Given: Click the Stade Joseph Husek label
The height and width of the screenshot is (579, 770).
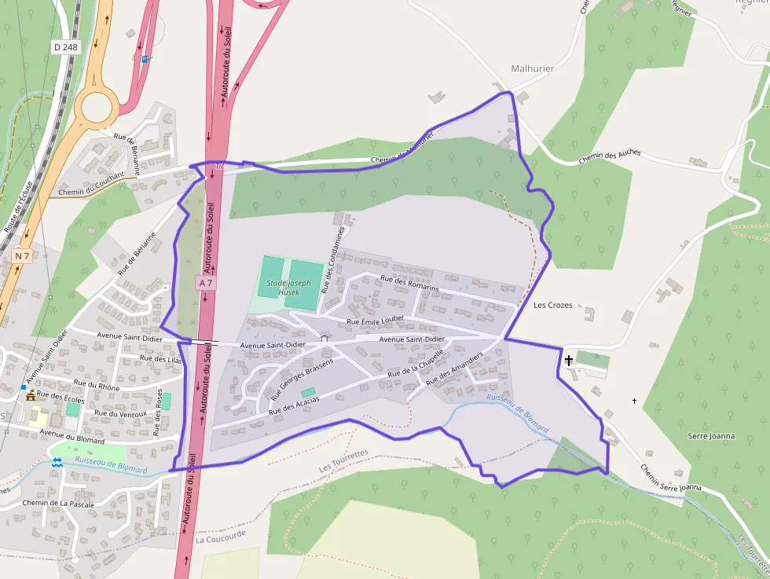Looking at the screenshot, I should coord(288,287).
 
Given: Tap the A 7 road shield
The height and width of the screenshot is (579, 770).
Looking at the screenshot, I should coord(206,282).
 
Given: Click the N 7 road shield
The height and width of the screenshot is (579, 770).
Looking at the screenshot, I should coord(22,256).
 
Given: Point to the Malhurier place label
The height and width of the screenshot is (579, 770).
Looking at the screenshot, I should coord(532,68).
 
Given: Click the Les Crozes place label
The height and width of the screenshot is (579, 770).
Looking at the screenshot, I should coord(552,305).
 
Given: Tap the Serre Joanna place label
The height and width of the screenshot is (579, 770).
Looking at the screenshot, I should coord(711,435).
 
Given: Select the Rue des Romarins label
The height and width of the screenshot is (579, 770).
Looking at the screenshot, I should coord(409,284).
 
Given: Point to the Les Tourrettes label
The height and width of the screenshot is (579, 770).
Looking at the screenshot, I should coord(343,461).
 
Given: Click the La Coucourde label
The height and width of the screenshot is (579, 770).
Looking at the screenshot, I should coord(221,540).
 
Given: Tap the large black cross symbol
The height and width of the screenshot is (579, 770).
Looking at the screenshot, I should coord(569,360).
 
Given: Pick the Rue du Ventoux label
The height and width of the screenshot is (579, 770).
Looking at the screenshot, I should coord(120,413).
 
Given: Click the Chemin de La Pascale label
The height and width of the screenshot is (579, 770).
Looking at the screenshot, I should coord(58,504).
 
